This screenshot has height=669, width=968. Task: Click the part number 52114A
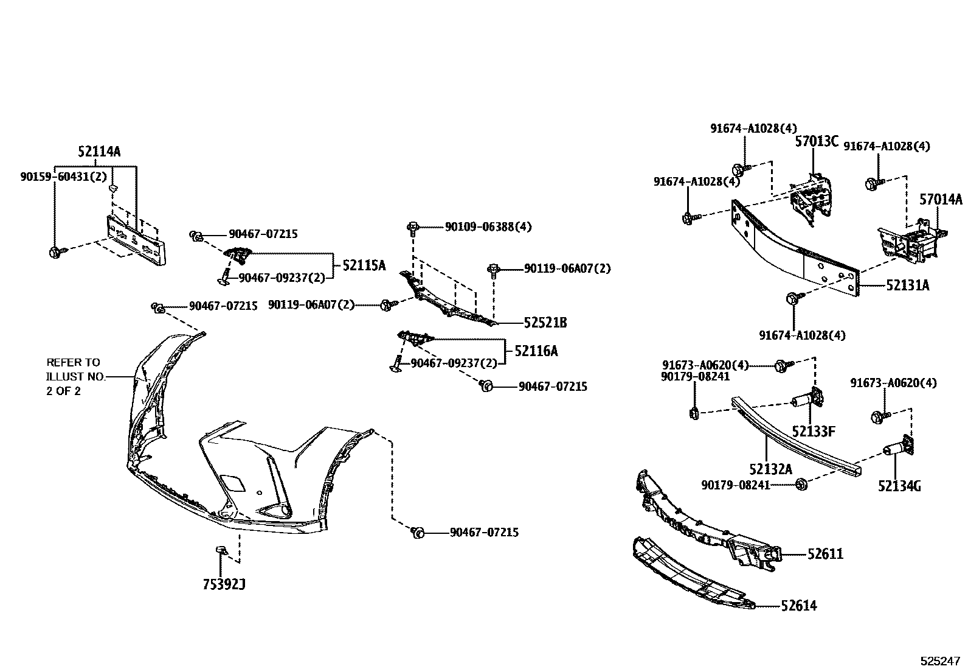point(99,152)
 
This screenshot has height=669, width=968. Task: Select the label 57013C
point(817,142)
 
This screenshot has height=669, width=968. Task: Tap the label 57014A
point(941,199)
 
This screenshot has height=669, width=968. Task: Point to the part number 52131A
point(907,285)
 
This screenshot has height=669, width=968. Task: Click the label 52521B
point(545,323)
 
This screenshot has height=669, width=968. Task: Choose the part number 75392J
point(224,585)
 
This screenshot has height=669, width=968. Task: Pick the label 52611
point(825,554)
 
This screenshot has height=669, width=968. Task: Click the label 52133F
point(813,432)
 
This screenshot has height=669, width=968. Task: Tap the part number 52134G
point(899,486)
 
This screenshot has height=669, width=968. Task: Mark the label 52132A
point(770,469)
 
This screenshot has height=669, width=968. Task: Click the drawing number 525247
point(939,660)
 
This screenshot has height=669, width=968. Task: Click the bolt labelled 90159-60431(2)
point(54,250)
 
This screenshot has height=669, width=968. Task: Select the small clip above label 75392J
point(220,551)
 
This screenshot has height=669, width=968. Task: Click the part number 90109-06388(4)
point(488,226)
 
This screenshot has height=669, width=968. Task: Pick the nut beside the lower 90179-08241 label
point(802,485)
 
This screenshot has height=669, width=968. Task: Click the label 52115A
point(364,265)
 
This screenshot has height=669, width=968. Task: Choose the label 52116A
point(536,351)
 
